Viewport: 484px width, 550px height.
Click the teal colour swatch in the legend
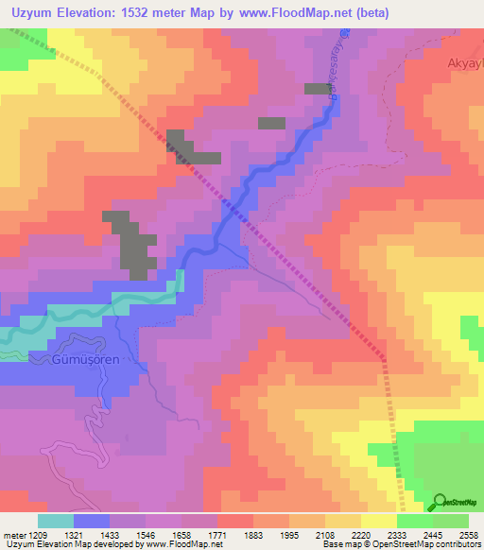click(x=56, y=520)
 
